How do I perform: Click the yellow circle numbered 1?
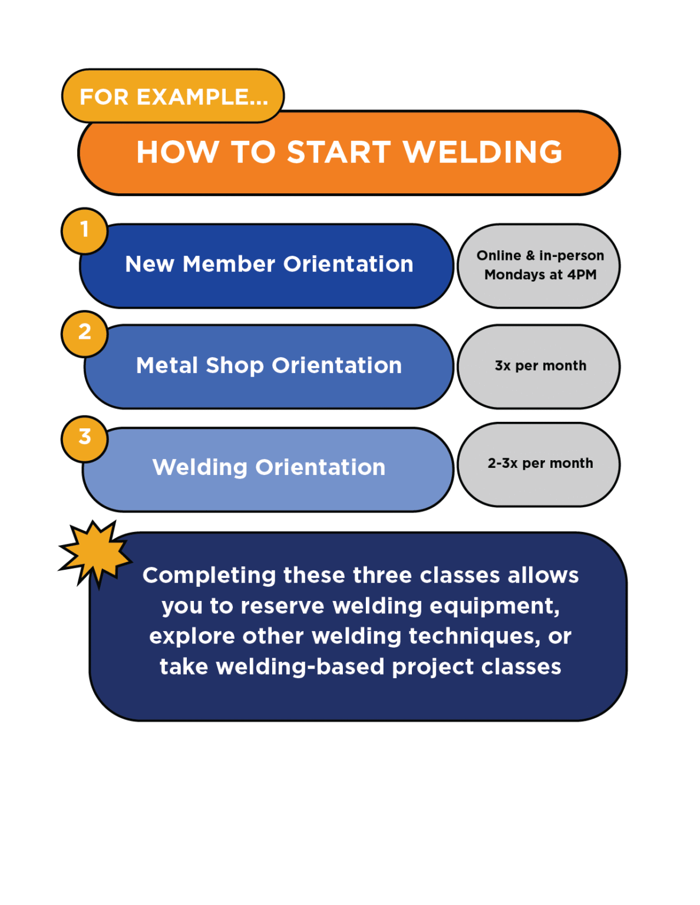(x=84, y=230)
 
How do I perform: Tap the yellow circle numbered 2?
(x=84, y=333)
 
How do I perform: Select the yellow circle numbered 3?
(x=84, y=438)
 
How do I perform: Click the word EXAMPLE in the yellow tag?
(x=202, y=97)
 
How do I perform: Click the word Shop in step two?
(x=235, y=366)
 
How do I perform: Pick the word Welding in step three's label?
(x=200, y=468)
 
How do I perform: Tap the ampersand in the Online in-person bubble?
(x=530, y=255)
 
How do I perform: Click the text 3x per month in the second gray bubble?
(x=540, y=366)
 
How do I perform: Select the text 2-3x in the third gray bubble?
(x=502, y=463)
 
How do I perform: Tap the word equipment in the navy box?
(x=494, y=606)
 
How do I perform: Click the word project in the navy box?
(x=432, y=668)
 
